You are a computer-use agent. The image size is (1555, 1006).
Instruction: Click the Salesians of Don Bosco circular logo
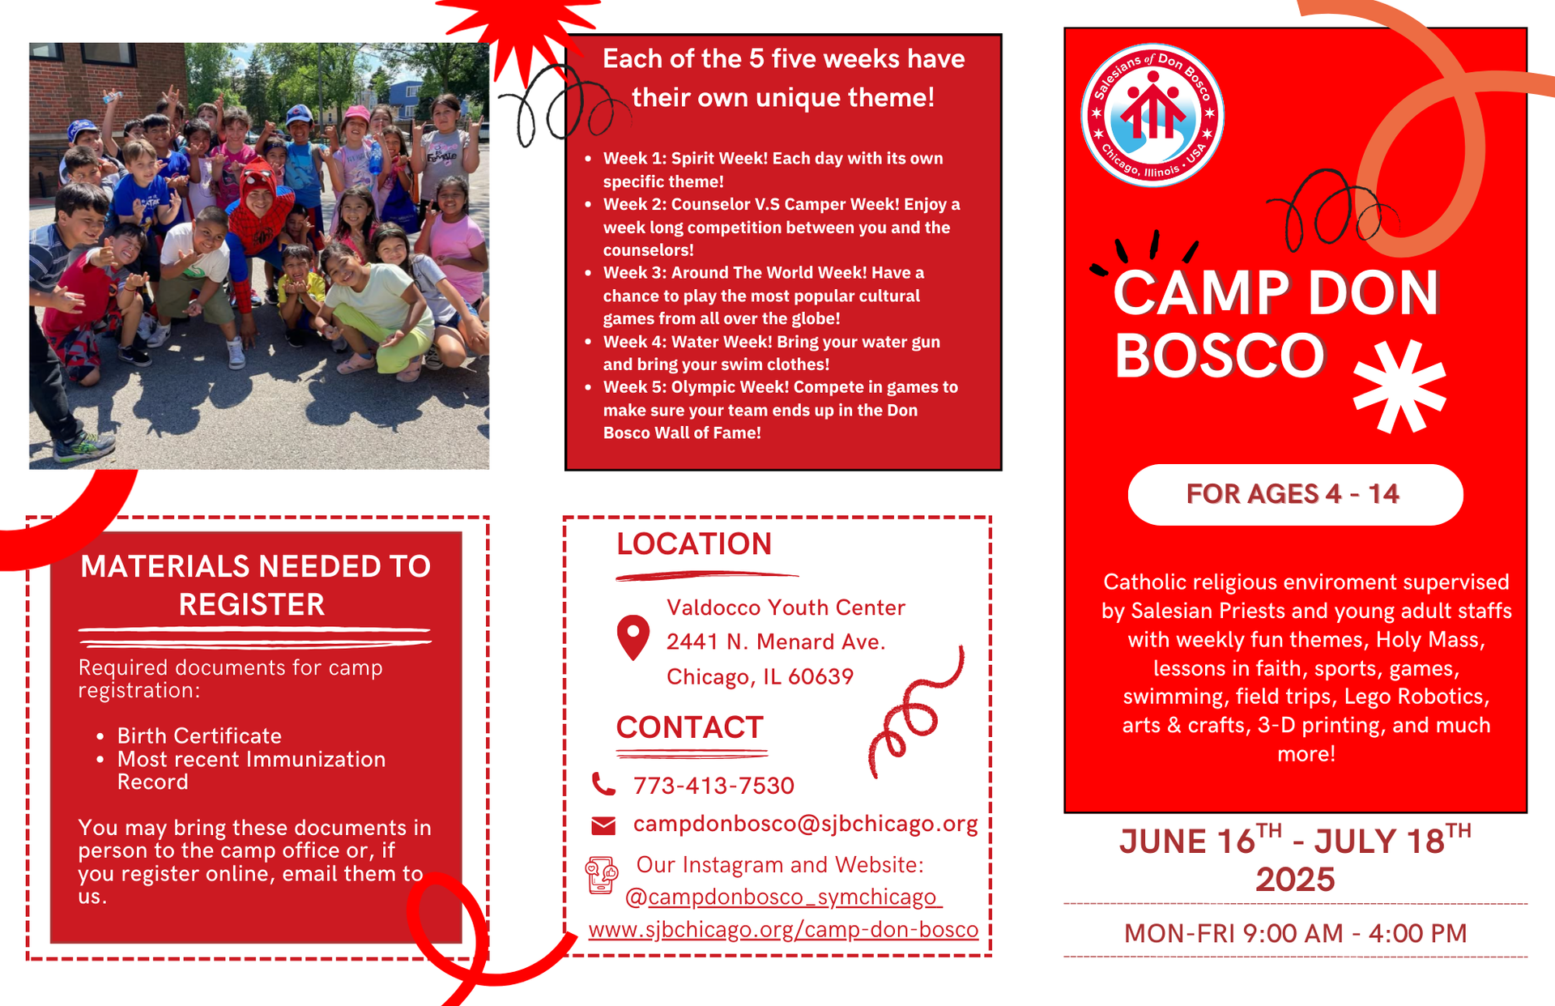1152,115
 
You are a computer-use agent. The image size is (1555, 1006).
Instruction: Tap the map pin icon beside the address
633,637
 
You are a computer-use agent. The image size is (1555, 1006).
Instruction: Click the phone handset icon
603,784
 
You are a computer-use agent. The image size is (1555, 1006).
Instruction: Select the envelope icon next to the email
603,825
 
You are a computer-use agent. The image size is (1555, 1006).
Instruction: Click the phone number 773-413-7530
714,785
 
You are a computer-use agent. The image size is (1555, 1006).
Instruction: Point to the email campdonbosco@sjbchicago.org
805,824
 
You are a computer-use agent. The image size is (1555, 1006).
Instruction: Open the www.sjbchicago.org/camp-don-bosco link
783,930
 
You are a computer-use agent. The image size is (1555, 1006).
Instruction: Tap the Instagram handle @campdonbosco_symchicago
783,897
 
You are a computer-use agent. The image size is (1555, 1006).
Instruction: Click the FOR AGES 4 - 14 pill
1294,494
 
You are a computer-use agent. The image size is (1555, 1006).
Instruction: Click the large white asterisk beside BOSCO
1399,386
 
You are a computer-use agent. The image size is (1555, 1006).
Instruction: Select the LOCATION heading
694,544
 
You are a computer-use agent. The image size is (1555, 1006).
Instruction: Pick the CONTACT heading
689,727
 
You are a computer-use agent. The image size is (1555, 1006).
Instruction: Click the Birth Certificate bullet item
199,735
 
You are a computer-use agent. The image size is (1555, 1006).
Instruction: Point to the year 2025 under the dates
1294,880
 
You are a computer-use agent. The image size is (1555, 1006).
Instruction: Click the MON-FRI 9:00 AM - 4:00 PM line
1294,933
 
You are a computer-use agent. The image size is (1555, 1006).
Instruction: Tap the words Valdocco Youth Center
785,607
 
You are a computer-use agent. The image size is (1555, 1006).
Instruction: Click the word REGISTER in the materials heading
252,605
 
